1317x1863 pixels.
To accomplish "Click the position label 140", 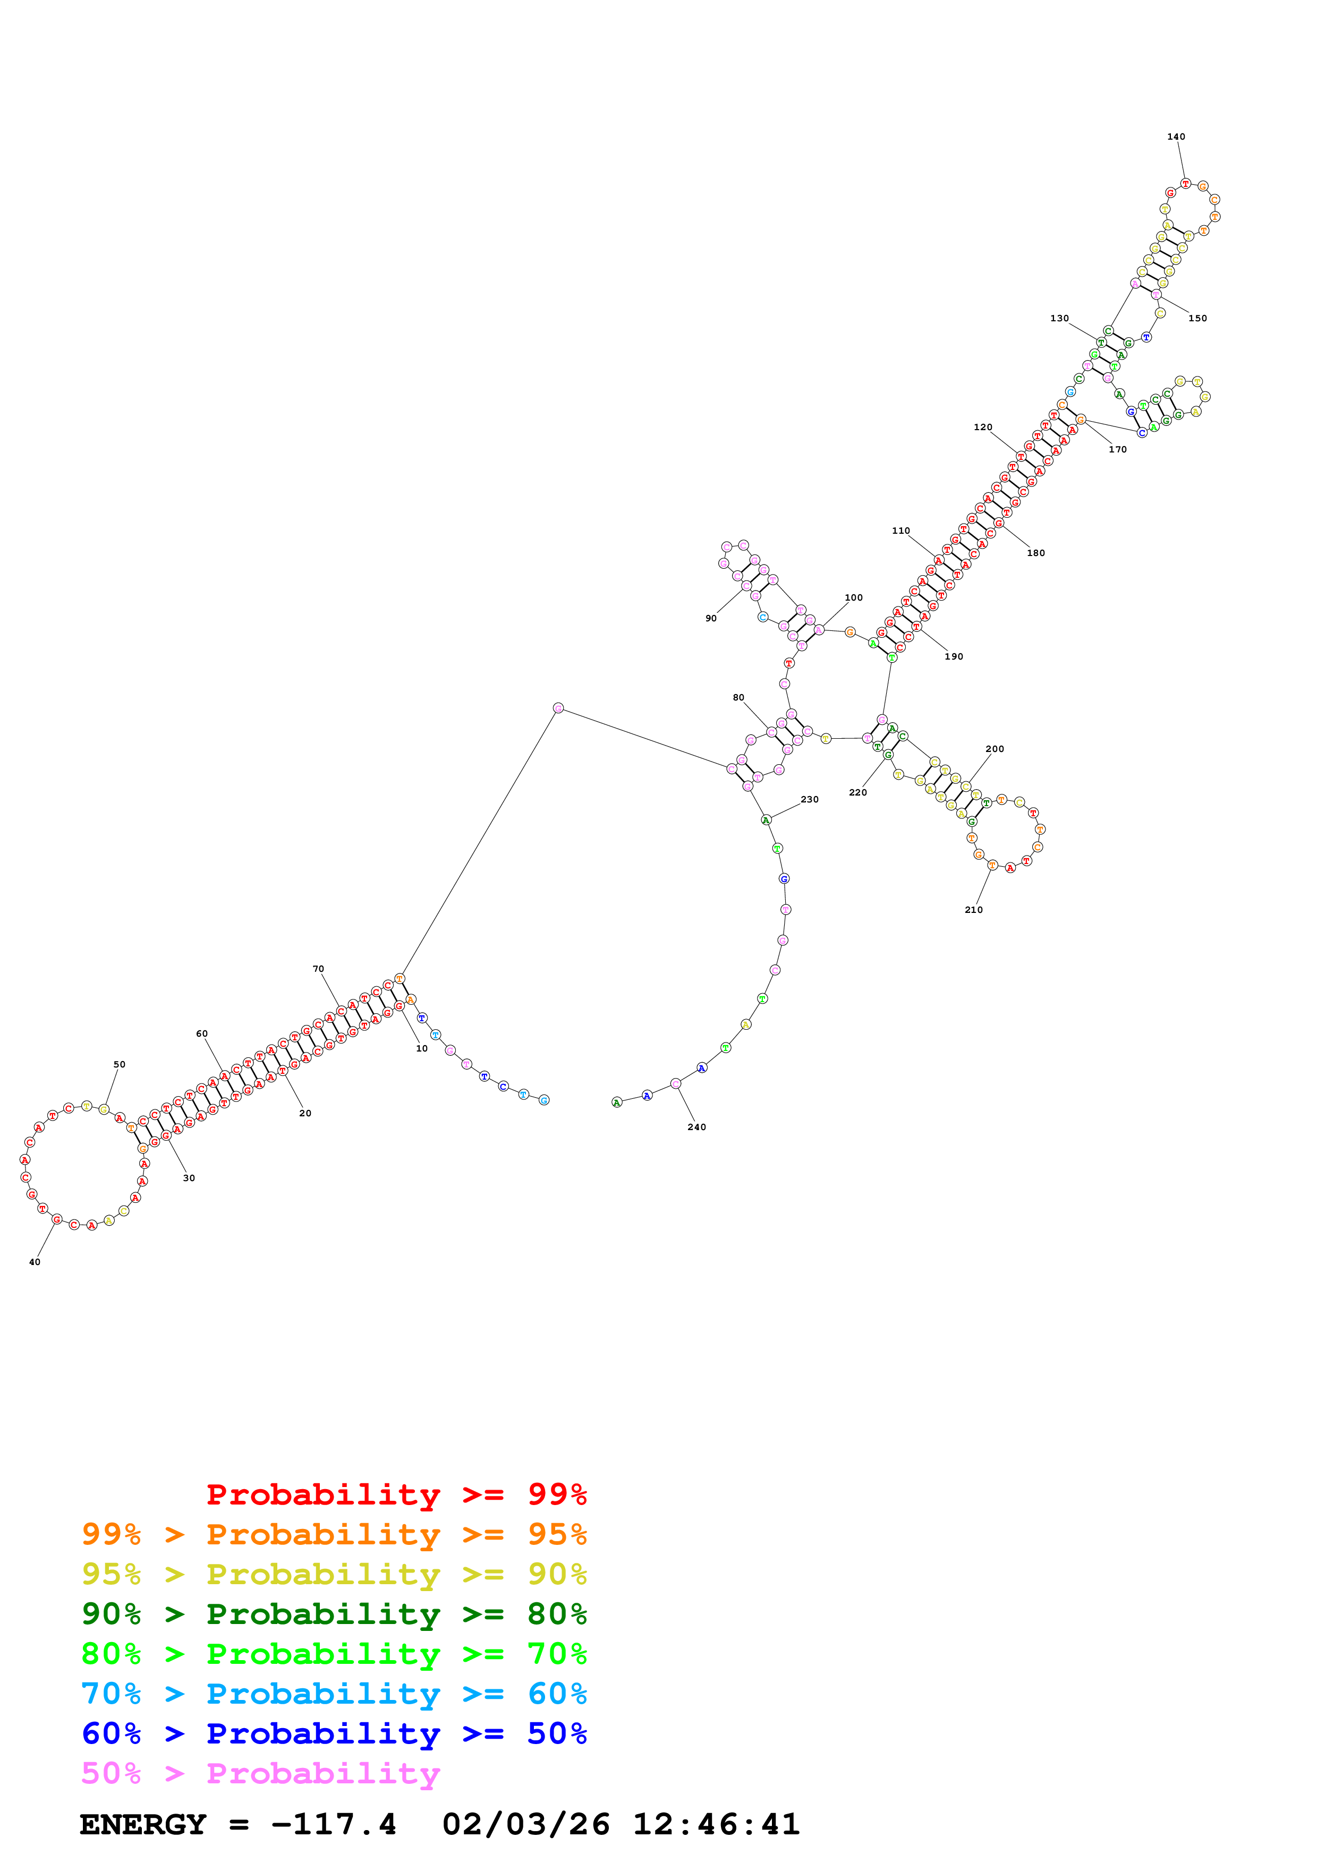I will point(1176,137).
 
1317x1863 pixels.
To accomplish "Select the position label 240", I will point(696,1127).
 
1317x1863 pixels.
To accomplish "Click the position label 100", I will point(854,597).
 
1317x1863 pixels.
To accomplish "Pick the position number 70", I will point(318,969).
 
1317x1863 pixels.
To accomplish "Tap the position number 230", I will point(810,799).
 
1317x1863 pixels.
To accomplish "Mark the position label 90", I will point(711,618).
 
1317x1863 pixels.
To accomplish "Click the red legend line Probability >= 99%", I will point(396,1494).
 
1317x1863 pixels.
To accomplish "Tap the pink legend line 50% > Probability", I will point(260,1773).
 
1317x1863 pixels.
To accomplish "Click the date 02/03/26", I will point(526,1824).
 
